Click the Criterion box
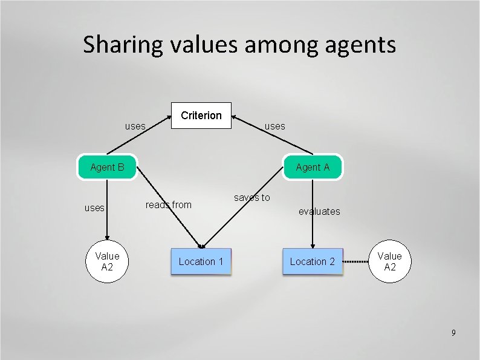click(x=201, y=116)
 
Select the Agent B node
click(x=107, y=168)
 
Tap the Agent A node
click(x=313, y=168)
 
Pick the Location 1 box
click(x=201, y=261)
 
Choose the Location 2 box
click(x=312, y=261)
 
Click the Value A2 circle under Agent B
click(x=107, y=261)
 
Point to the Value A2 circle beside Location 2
click(x=390, y=261)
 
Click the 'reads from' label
click(x=168, y=205)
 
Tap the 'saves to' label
click(x=252, y=197)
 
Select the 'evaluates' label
click(x=319, y=211)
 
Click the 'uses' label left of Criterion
click(x=135, y=126)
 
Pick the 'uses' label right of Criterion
click(x=275, y=126)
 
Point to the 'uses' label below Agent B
click(x=94, y=208)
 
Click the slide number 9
click(x=453, y=333)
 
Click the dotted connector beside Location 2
click(x=357, y=262)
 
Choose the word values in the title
click(x=198, y=45)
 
